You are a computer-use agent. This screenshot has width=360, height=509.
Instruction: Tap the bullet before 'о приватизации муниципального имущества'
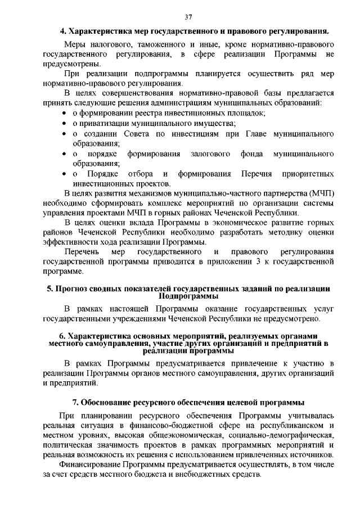[x=65, y=123]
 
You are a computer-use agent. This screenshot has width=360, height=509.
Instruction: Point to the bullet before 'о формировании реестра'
[x=65, y=113]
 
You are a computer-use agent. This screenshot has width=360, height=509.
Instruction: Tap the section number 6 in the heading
[x=61, y=336]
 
